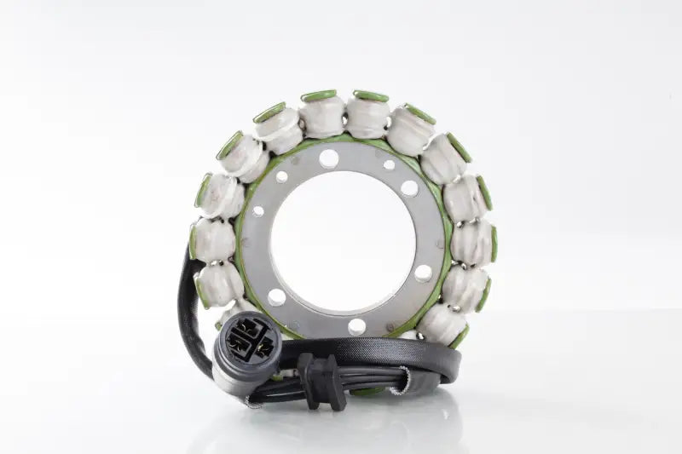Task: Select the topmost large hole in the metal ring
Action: (329, 158)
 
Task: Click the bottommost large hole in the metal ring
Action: (356, 325)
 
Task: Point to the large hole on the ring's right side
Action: (423, 273)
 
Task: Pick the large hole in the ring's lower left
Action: (276, 296)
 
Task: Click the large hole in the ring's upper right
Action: (409, 188)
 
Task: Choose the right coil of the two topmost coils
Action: (368, 114)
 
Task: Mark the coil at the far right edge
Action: (473, 242)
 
